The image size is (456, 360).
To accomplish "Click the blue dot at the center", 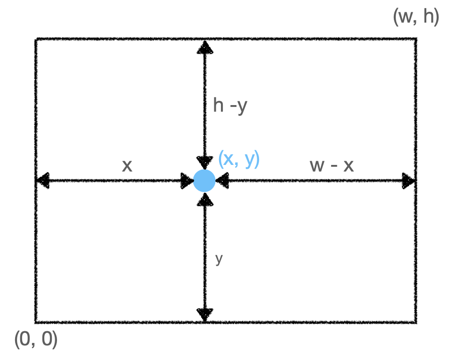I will [x=204, y=180].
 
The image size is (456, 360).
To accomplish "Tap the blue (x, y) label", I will [x=239, y=159].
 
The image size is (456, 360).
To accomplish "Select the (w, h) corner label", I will [x=416, y=17].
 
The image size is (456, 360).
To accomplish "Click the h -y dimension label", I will [x=230, y=106].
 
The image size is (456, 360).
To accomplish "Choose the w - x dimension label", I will [x=332, y=165].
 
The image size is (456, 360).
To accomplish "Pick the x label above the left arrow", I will [x=127, y=165].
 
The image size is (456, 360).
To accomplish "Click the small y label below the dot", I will [x=219, y=259].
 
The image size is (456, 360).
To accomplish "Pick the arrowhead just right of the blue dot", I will [x=222, y=180].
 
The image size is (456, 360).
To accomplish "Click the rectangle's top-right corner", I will [x=416, y=39].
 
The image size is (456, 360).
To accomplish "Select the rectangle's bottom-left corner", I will [x=35, y=322].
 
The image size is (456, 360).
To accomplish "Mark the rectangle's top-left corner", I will [x=35, y=39].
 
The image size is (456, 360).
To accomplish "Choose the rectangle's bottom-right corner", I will [x=416, y=322].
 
